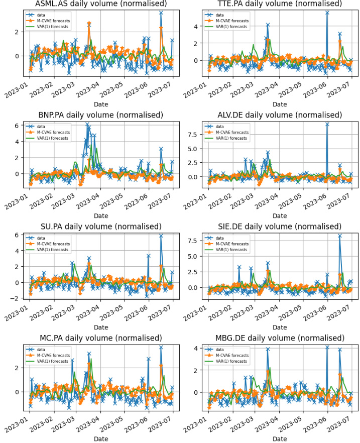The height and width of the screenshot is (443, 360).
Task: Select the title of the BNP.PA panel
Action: click(100, 115)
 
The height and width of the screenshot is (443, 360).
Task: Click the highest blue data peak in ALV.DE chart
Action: click(327, 124)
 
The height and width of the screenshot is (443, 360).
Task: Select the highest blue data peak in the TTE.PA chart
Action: click(327, 13)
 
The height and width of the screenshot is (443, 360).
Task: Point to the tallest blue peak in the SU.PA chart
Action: click(161, 236)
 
